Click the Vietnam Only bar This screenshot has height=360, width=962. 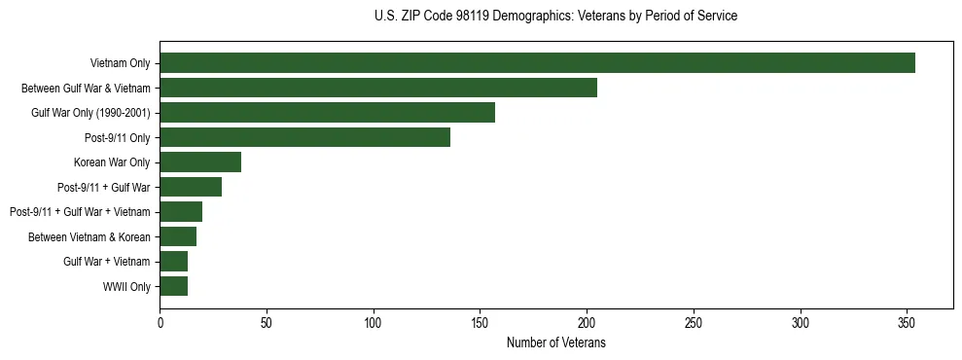[537, 63]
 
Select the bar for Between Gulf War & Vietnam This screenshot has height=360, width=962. [378, 88]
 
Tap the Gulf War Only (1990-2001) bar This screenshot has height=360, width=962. [327, 113]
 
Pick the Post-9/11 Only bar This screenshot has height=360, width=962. [304, 137]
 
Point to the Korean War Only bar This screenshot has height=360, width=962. [200, 162]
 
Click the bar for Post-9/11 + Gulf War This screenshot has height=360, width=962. [191, 187]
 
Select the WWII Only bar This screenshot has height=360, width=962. [173, 286]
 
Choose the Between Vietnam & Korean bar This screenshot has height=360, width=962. [178, 236]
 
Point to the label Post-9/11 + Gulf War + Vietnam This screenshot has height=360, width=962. [80, 212]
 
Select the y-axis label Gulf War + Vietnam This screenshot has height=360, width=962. [107, 262]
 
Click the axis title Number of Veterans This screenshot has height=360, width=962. [555, 342]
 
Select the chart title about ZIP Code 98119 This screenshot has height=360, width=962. [555, 17]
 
